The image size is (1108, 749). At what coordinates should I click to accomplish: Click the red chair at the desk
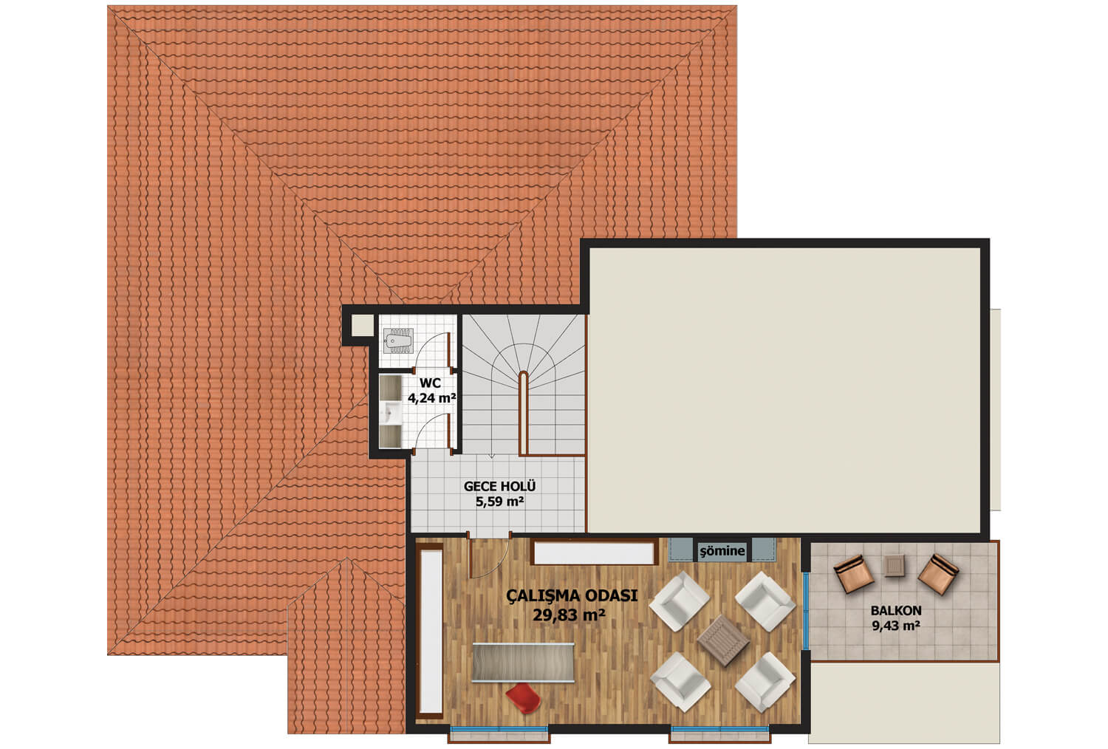523,698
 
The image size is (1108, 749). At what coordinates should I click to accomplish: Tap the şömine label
722,551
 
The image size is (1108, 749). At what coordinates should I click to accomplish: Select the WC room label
430,383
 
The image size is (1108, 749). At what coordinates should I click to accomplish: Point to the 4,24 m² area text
431,397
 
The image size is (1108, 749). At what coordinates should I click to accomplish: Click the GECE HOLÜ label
499,486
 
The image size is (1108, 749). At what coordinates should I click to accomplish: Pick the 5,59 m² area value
499,502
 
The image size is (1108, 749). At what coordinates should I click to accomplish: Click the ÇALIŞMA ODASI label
572,595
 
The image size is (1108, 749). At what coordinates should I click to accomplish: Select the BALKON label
896,610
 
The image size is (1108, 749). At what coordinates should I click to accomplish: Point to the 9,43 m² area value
896,626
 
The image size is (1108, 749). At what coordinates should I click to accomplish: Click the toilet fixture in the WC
398,341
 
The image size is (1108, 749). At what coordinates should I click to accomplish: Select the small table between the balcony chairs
895,566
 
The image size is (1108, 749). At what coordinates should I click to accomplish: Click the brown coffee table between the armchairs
723,640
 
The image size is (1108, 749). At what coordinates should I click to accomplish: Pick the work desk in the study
523,663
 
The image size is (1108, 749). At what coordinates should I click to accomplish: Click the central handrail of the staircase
523,413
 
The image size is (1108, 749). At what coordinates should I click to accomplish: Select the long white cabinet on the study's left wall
430,631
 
